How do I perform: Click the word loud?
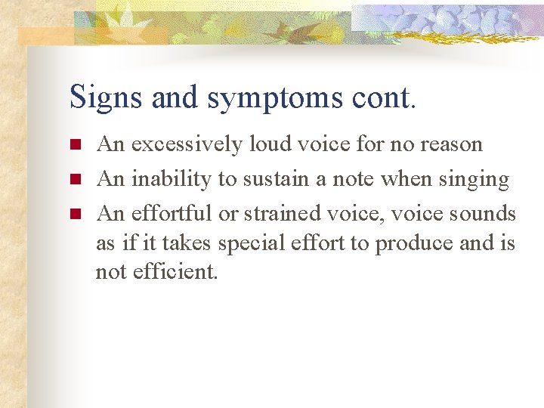271,144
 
